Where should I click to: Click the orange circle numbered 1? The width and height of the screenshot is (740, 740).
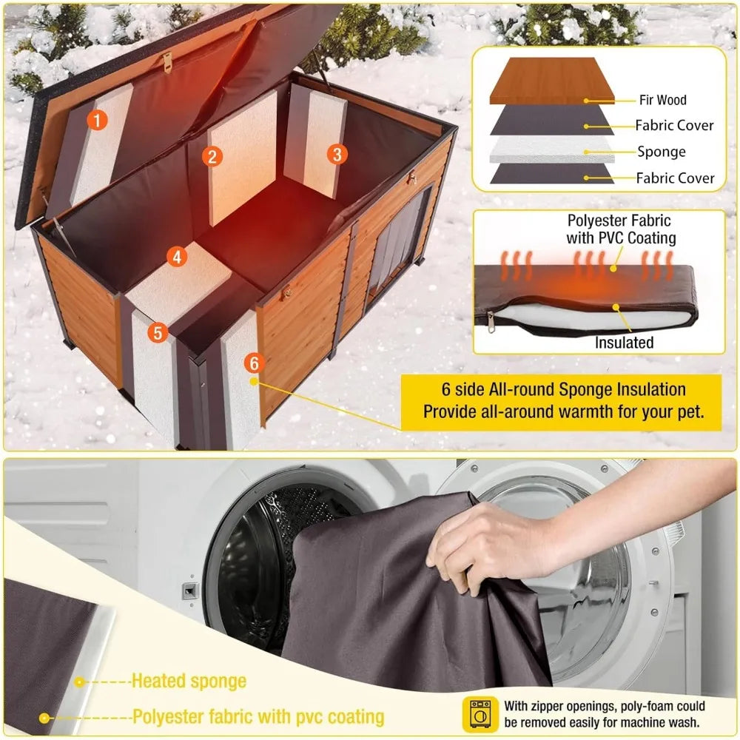(97, 119)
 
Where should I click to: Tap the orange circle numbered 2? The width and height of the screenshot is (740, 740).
(212, 155)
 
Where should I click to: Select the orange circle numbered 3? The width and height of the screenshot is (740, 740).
(337, 154)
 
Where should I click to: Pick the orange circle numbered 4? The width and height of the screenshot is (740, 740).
(176, 257)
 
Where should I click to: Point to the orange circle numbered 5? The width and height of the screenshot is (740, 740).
(156, 332)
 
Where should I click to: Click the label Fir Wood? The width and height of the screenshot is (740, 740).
(662, 100)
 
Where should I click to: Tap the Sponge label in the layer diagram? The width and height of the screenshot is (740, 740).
(662, 152)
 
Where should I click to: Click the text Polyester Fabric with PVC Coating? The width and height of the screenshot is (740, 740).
(621, 229)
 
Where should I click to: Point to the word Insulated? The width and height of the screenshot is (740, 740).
(625, 343)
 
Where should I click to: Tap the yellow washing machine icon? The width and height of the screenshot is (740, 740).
(479, 713)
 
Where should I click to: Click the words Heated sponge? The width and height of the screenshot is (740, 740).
(189, 681)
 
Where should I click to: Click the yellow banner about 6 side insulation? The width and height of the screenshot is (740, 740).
(562, 400)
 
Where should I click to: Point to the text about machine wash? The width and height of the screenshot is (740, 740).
(605, 713)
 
